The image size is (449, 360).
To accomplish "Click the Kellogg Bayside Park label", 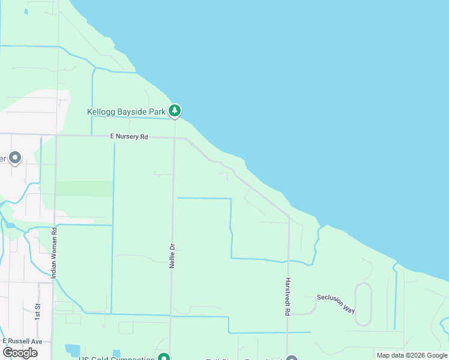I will [126, 112].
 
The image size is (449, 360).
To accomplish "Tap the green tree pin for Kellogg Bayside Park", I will [175, 110].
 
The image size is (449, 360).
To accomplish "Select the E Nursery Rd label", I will [129, 137].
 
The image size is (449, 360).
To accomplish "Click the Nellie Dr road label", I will [172, 255].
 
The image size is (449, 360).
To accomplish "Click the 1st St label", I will [37, 311].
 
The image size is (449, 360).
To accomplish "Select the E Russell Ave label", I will [23, 341].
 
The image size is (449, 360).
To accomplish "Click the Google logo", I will [20, 352].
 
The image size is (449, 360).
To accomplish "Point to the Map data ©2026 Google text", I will [412, 355].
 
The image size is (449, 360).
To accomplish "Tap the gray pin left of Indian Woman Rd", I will [15, 158].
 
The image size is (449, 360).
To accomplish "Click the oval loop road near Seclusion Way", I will [363, 304].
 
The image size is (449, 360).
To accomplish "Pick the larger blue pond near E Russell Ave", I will [73, 350].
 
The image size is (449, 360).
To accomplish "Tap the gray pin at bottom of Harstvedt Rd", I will [292, 358].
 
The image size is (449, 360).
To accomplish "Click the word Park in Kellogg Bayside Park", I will [155, 112].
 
